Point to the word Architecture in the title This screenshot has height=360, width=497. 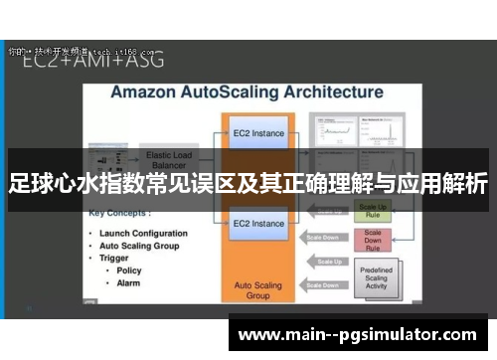click(x=330, y=92)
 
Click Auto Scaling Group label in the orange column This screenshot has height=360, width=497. click(x=258, y=289)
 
